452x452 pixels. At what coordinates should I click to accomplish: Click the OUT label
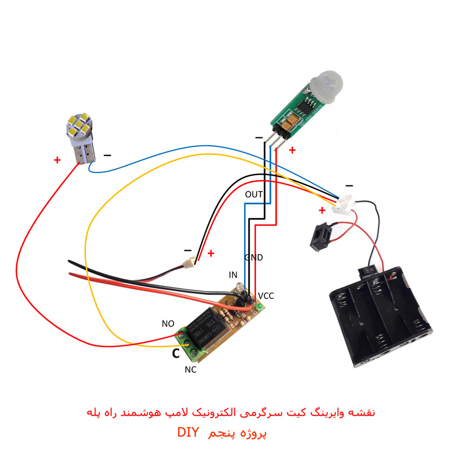pyautogui.click(x=254, y=194)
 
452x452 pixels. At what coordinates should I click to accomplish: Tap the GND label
pyautogui.click(x=254, y=258)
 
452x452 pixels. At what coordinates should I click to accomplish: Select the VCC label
pyautogui.click(x=266, y=296)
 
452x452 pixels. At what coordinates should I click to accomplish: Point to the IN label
pyautogui.click(x=233, y=275)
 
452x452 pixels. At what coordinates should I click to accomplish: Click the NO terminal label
pyautogui.click(x=168, y=324)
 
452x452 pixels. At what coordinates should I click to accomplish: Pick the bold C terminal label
pyautogui.click(x=176, y=354)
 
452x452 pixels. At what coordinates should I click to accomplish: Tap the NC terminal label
pyautogui.click(x=190, y=370)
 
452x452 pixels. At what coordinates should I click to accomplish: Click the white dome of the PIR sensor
pyautogui.click(x=327, y=85)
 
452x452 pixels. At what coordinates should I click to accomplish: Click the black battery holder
pyautogui.click(x=380, y=317)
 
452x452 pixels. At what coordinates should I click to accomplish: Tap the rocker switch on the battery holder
pyautogui.click(x=368, y=272)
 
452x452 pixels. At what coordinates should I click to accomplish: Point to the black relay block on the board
pyautogui.click(x=207, y=328)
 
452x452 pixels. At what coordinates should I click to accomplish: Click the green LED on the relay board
pyautogui.click(x=259, y=307)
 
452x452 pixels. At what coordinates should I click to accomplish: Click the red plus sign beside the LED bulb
pyautogui.click(x=57, y=160)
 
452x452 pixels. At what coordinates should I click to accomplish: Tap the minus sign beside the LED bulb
pyautogui.click(x=107, y=155)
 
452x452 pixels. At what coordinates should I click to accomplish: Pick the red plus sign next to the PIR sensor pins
pyautogui.click(x=292, y=150)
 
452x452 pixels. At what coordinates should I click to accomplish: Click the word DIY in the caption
pyautogui.click(x=188, y=432)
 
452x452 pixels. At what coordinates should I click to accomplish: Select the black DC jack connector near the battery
pyautogui.click(x=320, y=237)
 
